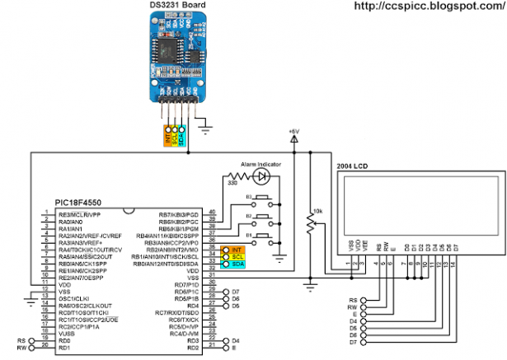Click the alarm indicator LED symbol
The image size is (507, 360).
pos(262,175)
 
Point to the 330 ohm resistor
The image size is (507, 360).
pos(232,175)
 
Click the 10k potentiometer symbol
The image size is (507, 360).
pos(310,221)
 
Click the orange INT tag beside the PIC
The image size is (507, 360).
pos(236,250)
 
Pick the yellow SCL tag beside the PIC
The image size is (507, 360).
pos(236,256)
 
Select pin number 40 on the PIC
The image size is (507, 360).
pos(213,213)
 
